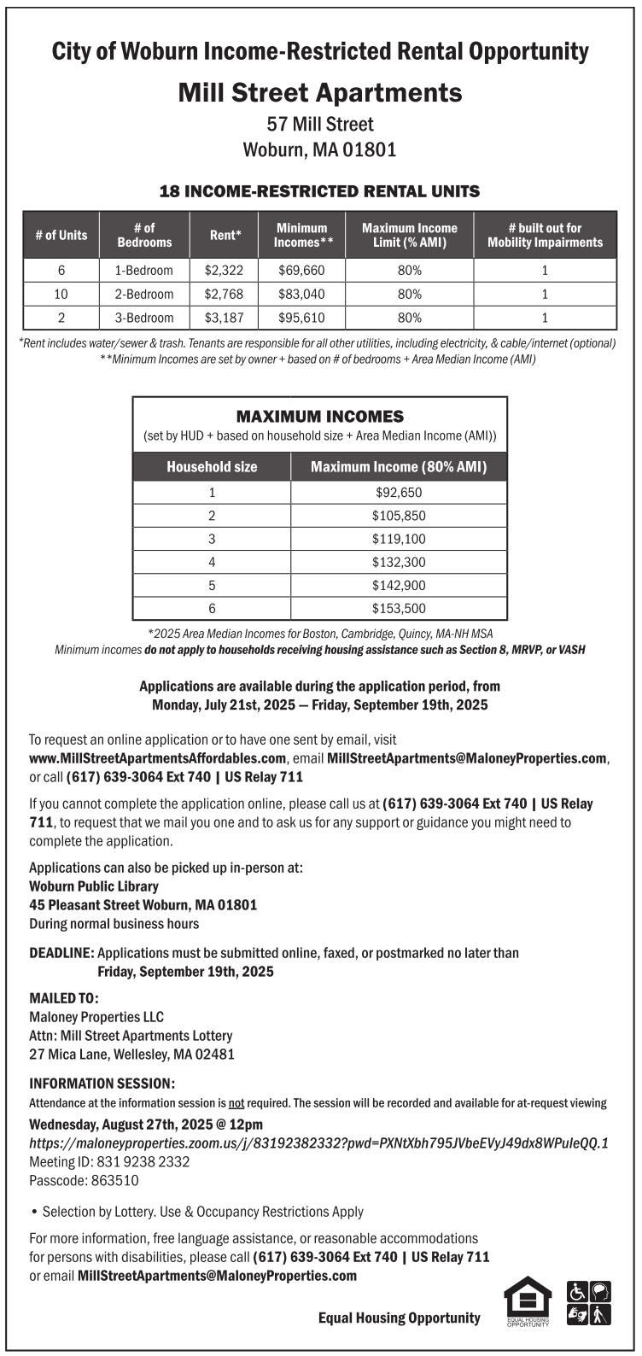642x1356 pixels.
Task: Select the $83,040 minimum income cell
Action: [x=301, y=295]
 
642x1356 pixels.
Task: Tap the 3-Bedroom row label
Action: [x=143, y=318]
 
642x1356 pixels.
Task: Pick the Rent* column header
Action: [x=225, y=235]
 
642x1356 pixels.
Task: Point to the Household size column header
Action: [x=212, y=467]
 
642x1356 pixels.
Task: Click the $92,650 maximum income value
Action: [x=399, y=493]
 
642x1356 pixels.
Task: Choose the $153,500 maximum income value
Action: [x=399, y=609]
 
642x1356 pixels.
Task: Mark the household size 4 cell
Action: [x=212, y=563]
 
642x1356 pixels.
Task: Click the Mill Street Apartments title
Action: [x=320, y=92]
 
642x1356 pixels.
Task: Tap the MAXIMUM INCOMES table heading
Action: [x=320, y=417]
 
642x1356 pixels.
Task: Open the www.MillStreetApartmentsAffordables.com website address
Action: [x=158, y=758]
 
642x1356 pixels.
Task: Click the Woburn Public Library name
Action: [x=94, y=886]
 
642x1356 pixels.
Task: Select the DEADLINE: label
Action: [x=61, y=953]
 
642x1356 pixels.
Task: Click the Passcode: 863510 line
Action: [x=84, y=1181]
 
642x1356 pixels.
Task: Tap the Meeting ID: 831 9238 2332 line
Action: [x=109, y=1162]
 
